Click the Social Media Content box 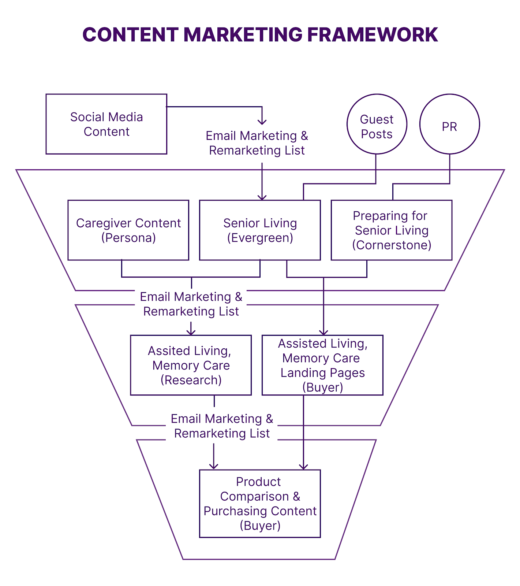click(106, 124)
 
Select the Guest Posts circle click(377, 124)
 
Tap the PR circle click(449, 124)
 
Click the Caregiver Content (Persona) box click(128, 230)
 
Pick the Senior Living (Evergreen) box click(260, 230)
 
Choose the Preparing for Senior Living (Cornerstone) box click(391, 230)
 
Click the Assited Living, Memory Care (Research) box click(191, 365)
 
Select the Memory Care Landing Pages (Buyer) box click(322, 365)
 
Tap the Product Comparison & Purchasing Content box click(260, 503)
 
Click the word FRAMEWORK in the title click(372, 35)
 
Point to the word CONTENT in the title click(130, 35)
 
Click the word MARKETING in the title click(243, 35)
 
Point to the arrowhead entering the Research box click(191, 333)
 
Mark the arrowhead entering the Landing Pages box click(323, 333)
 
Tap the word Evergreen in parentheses click(260, 238)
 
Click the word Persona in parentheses click(128, 238)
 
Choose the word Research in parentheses click(191, 380)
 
